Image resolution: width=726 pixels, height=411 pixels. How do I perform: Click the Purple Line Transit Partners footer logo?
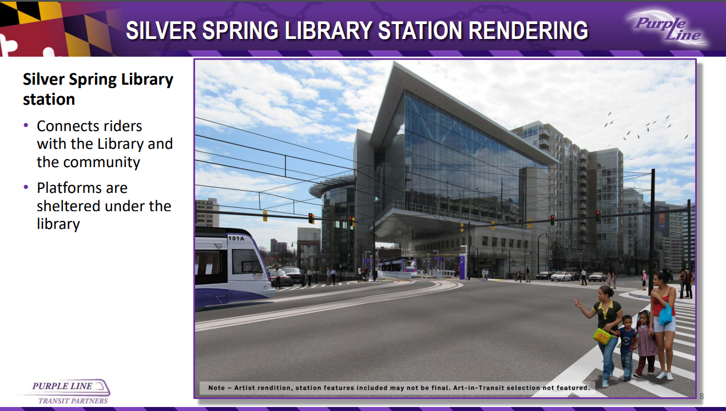[65, 392]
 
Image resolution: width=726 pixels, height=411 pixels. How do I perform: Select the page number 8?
[702, 396]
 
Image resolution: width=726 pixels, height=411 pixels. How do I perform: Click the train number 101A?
[236, 239]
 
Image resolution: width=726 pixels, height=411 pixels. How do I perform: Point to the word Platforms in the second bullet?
[82, 188]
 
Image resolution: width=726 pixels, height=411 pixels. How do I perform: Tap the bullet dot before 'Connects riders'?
[26, 125]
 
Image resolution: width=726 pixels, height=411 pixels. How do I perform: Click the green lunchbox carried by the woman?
[602, 337]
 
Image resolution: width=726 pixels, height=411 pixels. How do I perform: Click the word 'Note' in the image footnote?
[216, 388]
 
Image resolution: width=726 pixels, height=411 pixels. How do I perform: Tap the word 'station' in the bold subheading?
[49, 99]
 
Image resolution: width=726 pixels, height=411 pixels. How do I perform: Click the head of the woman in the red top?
[661, 278]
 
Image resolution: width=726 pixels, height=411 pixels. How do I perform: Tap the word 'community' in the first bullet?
[101, 162]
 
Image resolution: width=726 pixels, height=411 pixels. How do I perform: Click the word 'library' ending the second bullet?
[58, 224]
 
